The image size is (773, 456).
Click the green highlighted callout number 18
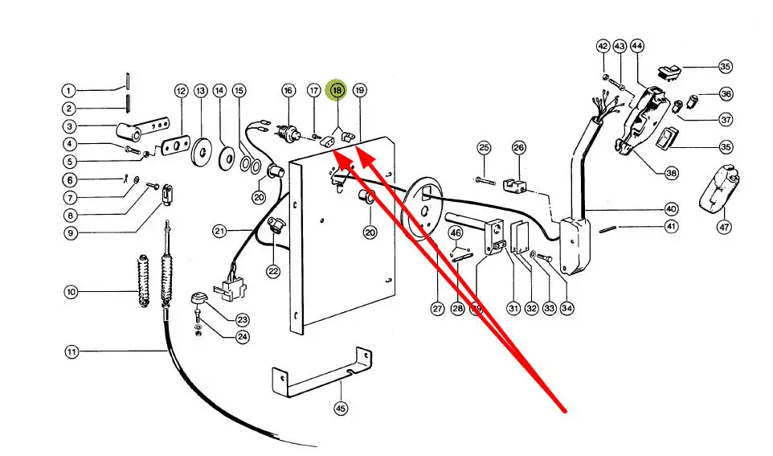pyautogui.click(x=337, y=91)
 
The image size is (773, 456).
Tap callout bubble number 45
pyautogui.click(x=342, y=409)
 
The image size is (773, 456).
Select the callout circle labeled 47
pyautogui.click(x=725, y=228)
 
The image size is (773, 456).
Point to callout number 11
pyautogui.click(x=72, y=351)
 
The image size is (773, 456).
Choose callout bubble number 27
pyautogui.click(x=437, y=308)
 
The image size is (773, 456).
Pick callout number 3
pyautogui.click(x=70, y=126)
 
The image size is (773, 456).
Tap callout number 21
pyautogui.click(x=220, y=232)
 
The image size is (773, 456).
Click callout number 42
pyautogui.click(x=603, y=47)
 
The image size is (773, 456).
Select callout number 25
pyautogui.click(x=484, y=147)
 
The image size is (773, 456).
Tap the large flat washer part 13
pyautogui.click(x=199, y=150)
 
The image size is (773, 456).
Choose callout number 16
pyautogui.click(x=288, y=91)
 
